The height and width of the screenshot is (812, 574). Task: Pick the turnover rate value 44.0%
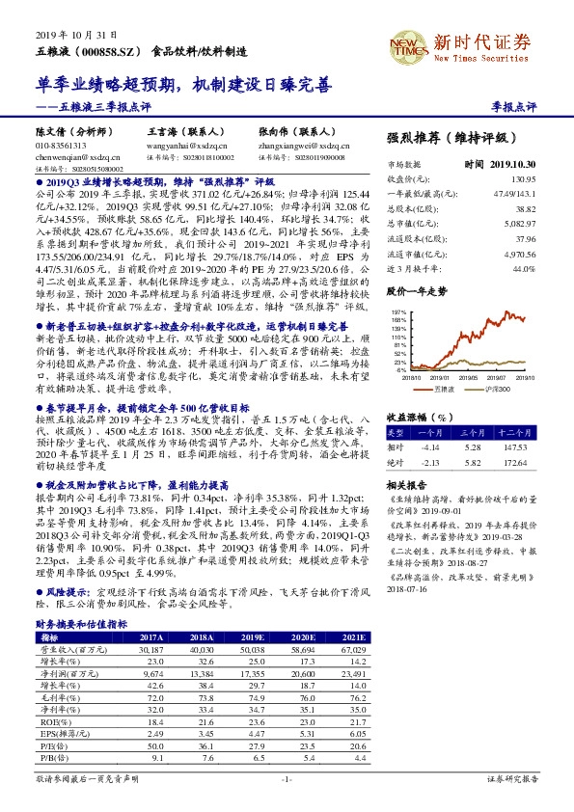tap(523, 268)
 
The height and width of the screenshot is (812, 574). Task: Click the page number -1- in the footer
tap(286, 776)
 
